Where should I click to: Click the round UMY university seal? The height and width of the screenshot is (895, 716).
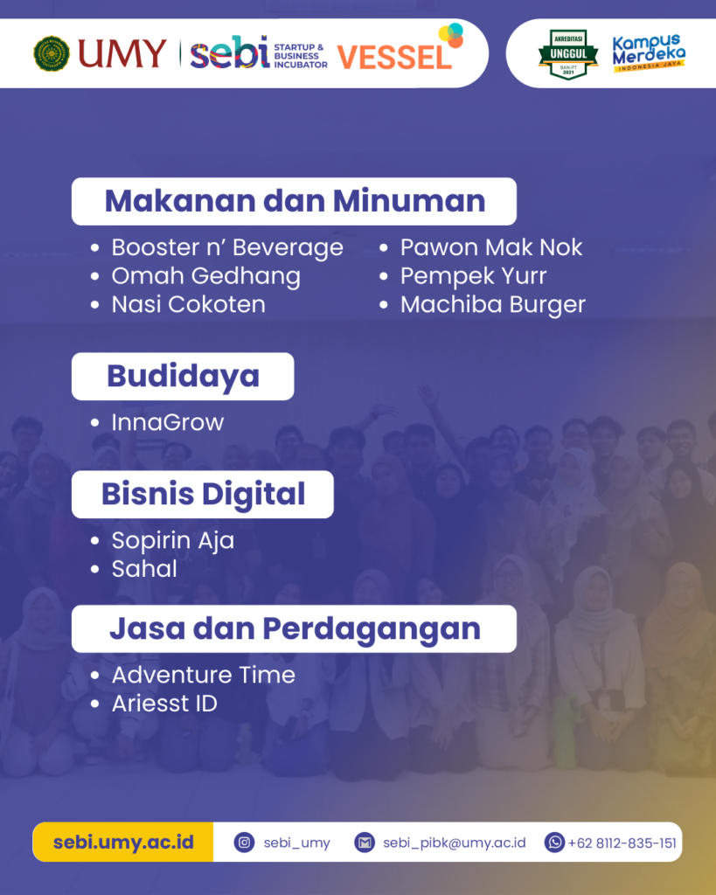coord(52,53)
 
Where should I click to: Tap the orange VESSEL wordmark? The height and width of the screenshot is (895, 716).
coord(394,57)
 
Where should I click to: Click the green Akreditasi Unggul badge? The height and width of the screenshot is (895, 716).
coord(568,53)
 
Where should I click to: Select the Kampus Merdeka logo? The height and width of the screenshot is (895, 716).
coord(649,52)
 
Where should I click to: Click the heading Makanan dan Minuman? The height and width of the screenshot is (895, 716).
coord(295,201)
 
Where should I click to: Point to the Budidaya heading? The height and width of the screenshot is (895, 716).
coord(183,376)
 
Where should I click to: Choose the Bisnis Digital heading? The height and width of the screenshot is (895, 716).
coord(204,495)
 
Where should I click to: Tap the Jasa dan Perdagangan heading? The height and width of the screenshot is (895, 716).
coord(295,629)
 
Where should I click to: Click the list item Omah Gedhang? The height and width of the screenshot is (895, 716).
coord(205,276)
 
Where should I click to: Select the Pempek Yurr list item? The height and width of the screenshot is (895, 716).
coord(473,276)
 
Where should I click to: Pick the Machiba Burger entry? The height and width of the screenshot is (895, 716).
coord(493,305)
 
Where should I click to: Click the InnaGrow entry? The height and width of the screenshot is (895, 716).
coord(167,422)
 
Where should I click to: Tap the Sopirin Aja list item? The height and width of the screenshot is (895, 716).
coord(173,540)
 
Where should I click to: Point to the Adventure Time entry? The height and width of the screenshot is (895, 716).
coord(204,676)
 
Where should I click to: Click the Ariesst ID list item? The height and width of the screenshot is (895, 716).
coord(164,704)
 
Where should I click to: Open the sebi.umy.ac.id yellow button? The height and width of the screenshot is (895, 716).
coord(123,842)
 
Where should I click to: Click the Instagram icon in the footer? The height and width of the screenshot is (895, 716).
coord(244,843)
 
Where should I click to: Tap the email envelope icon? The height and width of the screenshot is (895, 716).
coord(365,843)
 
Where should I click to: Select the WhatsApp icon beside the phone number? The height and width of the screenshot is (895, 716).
coord(554,843)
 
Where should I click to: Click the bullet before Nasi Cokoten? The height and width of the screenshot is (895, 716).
coord(94,305)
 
